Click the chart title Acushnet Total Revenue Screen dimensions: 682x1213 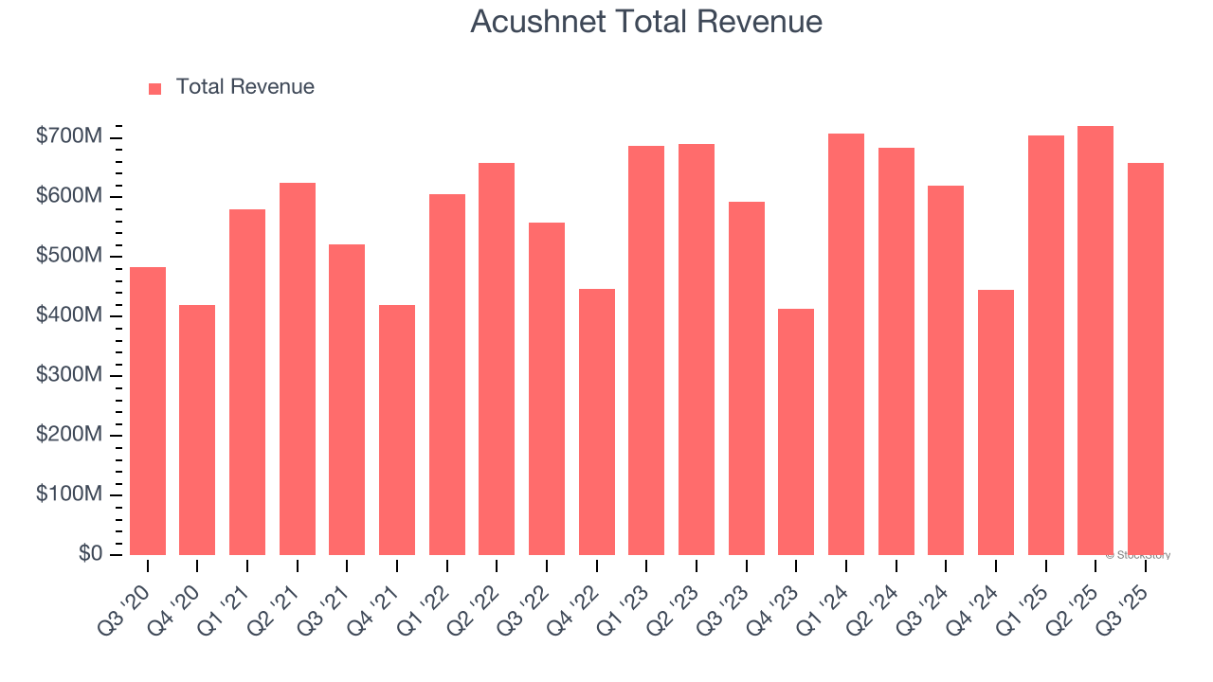[x=645, y=22]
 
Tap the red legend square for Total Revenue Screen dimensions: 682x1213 [x=155, y=88]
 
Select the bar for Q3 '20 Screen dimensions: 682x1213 [x=148, y=411]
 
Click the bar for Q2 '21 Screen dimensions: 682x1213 [x=298, y=369]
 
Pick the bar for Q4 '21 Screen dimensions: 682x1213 [x=397, y=430]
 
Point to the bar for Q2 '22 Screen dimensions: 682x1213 [x=497, y=359]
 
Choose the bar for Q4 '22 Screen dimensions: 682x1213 [x=597, y=422]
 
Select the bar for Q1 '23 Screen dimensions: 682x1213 [x=646, y=350]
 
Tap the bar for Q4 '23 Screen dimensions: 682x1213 [x=796, y=432]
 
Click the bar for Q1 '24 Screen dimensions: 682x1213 [x=846, y=344]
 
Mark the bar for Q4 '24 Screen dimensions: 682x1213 [x=996, y=422]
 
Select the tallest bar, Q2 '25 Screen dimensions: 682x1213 [x=1095, y=340]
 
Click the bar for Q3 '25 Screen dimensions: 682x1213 [x=1146, y=359]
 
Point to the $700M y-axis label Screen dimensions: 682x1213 [x=68, y=137]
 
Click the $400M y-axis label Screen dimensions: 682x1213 [x=68, y=315]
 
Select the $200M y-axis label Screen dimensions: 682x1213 [x=68, y=435]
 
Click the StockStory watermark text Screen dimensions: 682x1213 [x=1138, y=555]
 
